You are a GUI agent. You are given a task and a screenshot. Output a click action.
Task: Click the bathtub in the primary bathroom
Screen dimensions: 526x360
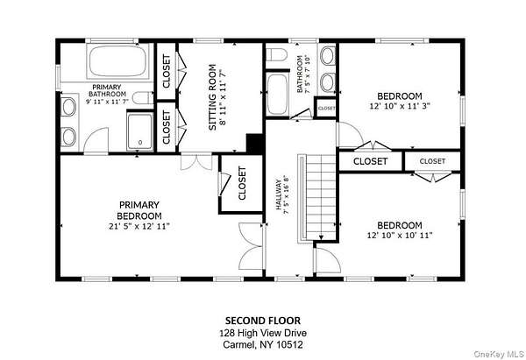(117, 61)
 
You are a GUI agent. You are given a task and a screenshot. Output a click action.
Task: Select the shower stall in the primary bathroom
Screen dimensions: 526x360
(140, 131)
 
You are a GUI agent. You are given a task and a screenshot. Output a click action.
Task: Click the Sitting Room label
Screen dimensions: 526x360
(213, 97)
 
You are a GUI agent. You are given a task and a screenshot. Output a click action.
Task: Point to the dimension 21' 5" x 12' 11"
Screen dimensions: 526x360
(139, 226)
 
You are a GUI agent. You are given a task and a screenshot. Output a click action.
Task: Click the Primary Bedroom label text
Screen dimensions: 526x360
(139, 210)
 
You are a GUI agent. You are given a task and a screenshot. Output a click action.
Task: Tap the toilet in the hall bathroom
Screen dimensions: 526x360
(276, 54)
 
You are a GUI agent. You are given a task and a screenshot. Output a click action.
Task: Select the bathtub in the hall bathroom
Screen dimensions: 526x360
(277, 95)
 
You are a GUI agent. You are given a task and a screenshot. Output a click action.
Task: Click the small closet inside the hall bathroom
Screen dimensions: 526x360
(326, 108)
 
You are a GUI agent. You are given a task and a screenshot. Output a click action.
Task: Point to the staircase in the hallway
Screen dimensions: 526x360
(317, 198)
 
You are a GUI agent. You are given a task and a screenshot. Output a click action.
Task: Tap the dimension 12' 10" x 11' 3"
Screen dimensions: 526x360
(400, 106)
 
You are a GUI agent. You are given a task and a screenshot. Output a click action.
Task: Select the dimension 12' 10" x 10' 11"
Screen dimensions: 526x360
(400, 236)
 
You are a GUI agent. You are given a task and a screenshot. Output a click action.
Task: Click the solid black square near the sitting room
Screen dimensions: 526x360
(254, 144)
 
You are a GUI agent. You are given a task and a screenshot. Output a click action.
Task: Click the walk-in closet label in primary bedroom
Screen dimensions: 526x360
(242, 183)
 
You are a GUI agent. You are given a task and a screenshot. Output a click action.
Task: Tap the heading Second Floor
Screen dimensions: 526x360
(263, 321)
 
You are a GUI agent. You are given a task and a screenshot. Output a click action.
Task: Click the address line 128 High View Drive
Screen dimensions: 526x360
(263, 333)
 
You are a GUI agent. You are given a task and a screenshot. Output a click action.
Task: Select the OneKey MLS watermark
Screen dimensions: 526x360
(499, 354)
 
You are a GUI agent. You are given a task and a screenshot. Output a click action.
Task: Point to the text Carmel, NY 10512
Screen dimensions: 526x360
(263, 344)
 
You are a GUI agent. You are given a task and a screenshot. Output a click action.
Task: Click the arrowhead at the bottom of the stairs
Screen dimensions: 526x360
(321, 237)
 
